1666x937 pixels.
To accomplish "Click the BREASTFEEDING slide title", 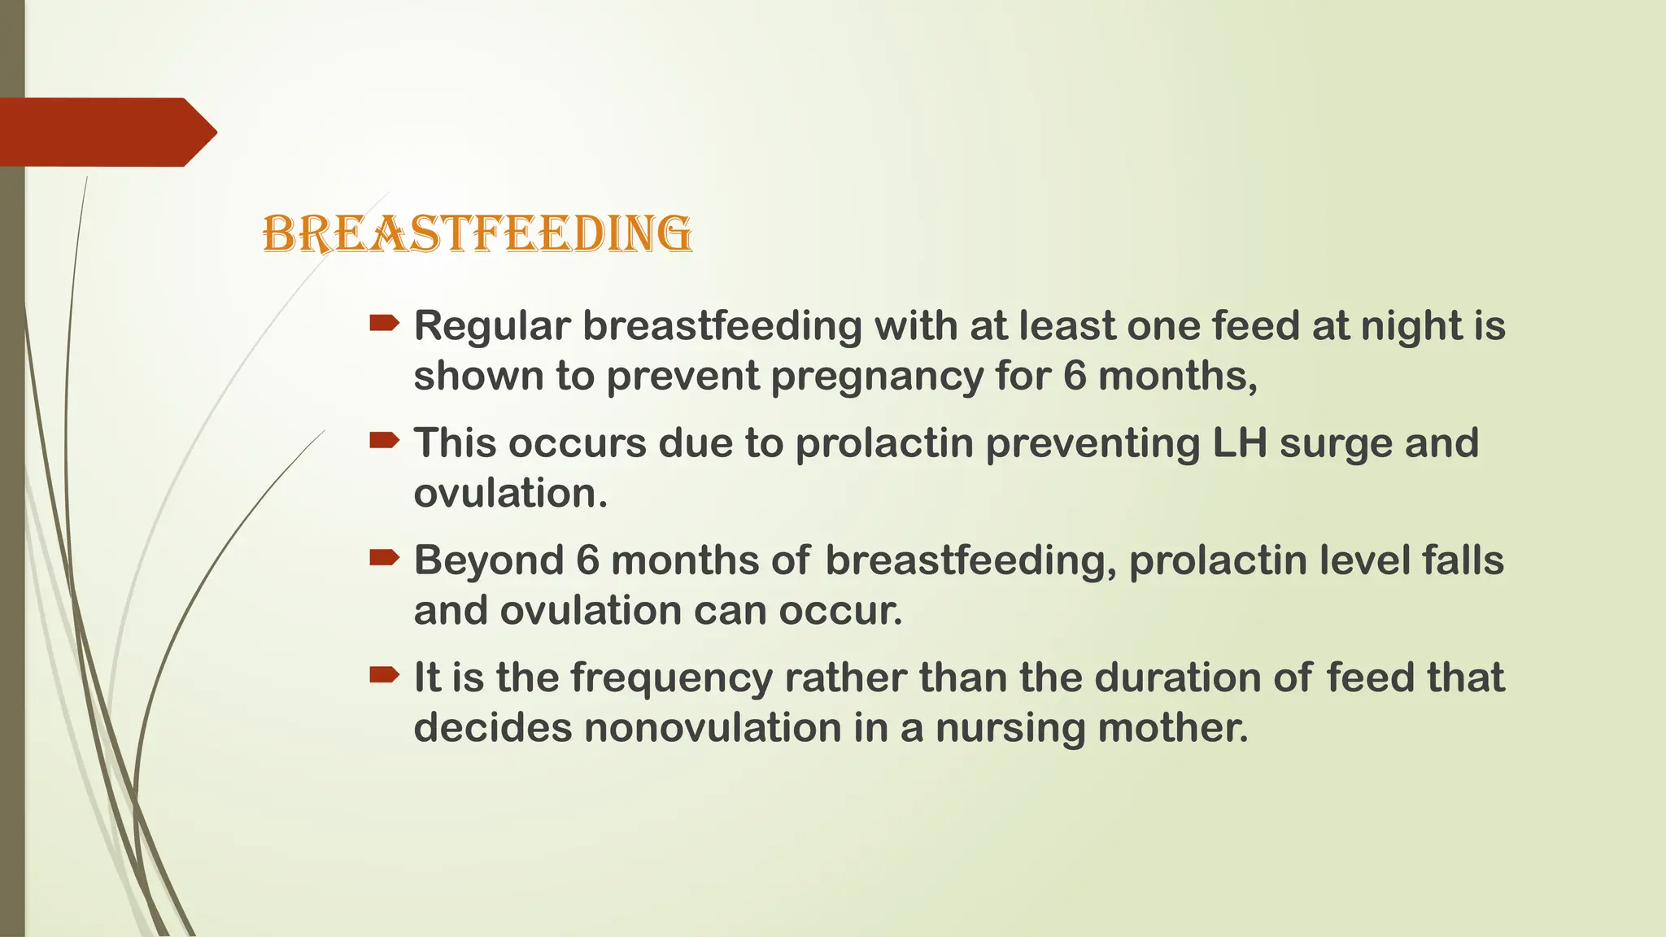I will [x=478, y=234].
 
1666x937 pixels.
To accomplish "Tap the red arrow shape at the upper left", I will [x=106, y=133].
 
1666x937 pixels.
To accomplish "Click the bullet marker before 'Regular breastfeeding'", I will [x=384, y=325].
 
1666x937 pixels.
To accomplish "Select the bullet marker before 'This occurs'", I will [x=384, y=442].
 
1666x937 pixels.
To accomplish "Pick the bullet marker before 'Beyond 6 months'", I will [x=384, y=558].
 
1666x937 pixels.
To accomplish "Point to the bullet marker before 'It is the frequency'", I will [x=384, y=675].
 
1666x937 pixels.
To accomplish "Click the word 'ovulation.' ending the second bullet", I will [x=510, y=494].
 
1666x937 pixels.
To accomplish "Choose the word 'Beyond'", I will [x=489, y=560].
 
